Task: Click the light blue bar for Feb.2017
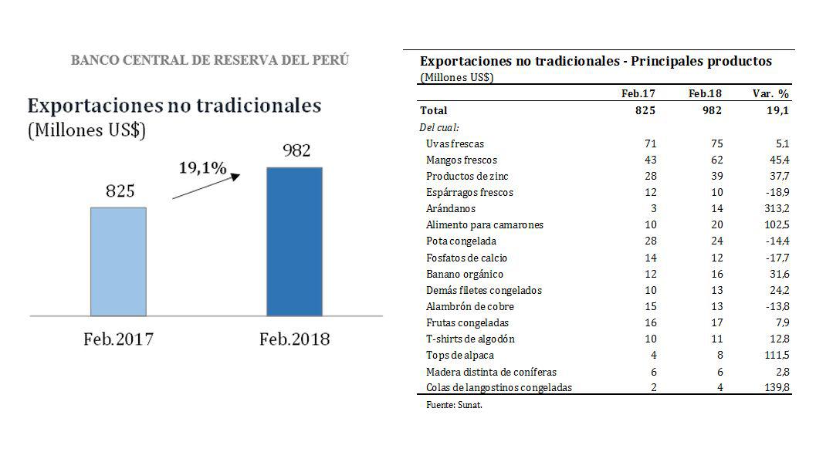[x=118, y=261]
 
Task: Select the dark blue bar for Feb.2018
[x=294, y=241]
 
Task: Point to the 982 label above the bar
[x=296, y=150]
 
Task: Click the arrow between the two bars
[x=206, y=186]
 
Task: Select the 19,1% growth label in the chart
[x=202, y=167]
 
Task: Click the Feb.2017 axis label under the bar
[x=118, y=339]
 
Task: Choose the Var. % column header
[x=770, y=93]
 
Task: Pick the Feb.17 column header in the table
[x=638, y=93]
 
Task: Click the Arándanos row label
[x=451, y=208]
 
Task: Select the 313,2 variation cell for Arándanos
[x=774, y=208]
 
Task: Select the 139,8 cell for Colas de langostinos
[x=774, y=388]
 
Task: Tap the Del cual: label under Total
[x=439, y=127]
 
